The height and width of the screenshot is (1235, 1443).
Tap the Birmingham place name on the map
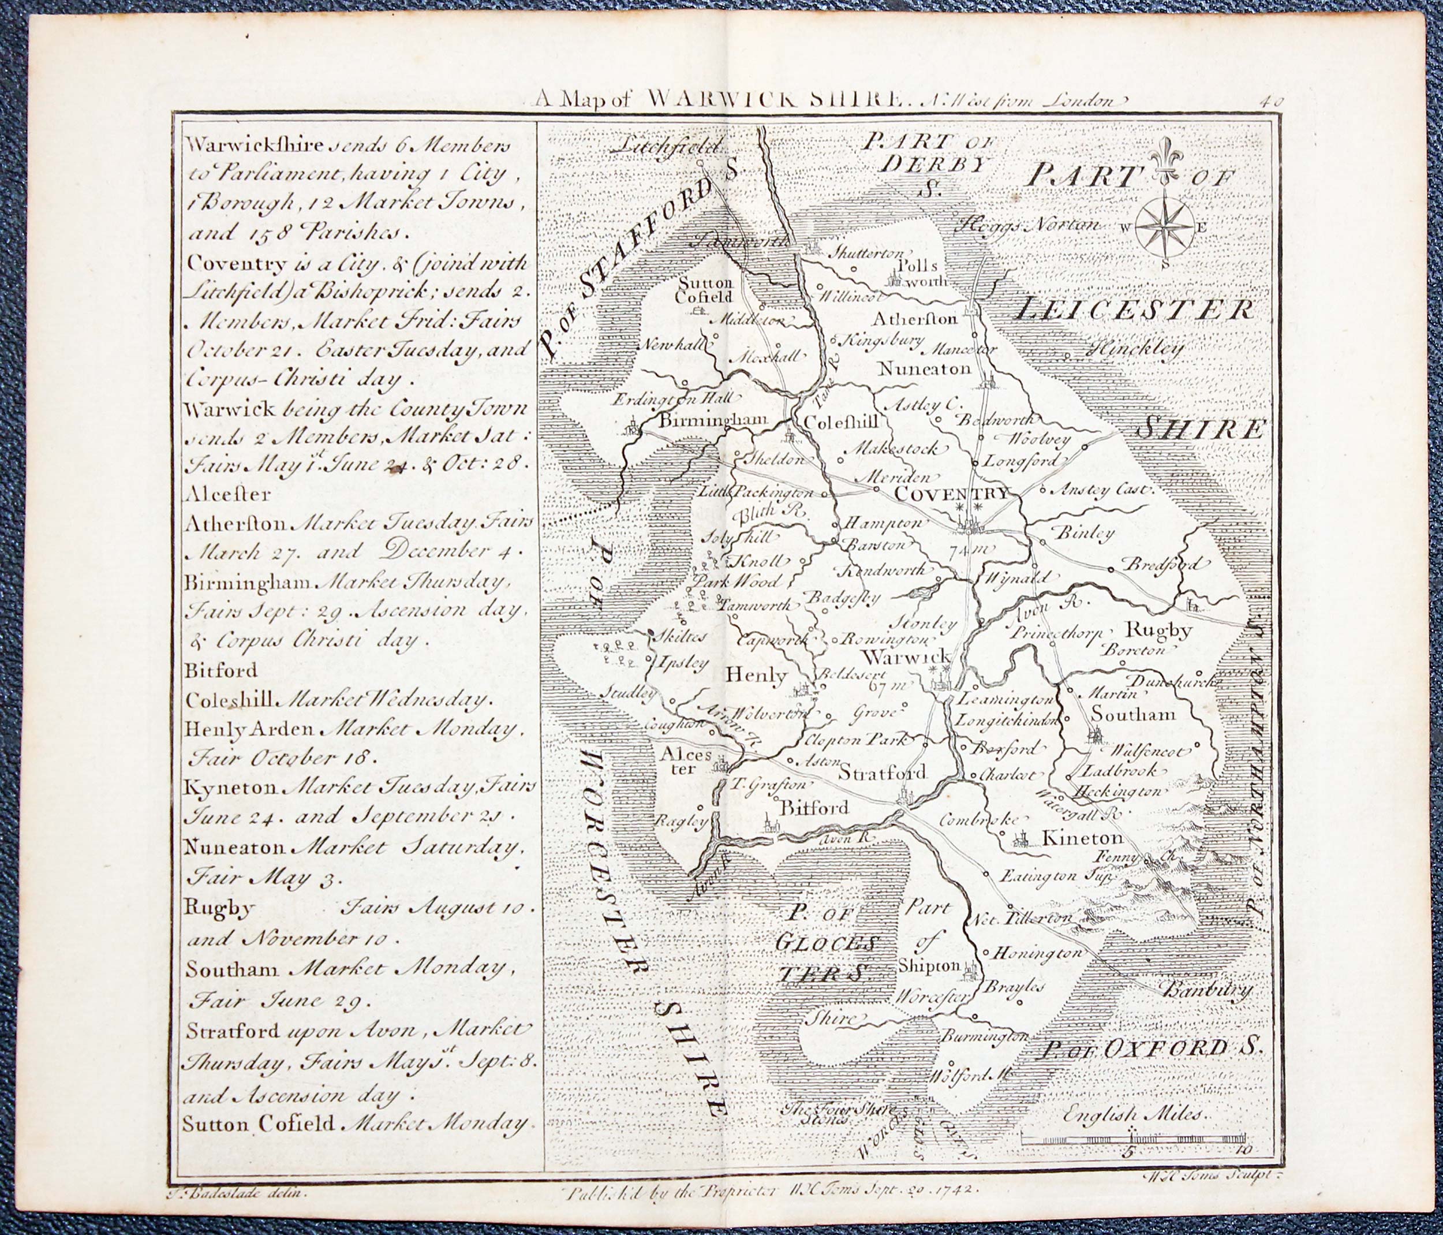pyautogui.click(x=713, y=420)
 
